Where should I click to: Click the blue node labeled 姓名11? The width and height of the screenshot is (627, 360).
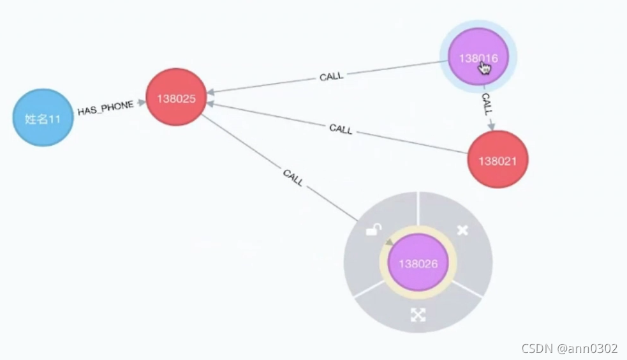point(43,117)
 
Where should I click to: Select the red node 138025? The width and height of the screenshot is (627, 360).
point(176,97)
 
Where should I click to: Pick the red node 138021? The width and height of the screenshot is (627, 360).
point(498,160)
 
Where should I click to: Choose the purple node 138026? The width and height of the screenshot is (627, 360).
point(418,262)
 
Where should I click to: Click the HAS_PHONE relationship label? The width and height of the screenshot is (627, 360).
point(105,109)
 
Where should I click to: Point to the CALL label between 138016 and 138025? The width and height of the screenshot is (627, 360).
point(331,77)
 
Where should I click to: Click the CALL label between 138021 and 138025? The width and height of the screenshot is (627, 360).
point(341,129)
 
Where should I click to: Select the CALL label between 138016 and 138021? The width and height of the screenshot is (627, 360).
point(487,103)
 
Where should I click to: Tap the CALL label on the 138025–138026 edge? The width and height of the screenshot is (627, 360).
point(293,178)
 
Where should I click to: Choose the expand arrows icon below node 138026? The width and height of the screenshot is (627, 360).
point(418,314)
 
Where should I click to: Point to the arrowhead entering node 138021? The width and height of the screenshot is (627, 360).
point(491,126)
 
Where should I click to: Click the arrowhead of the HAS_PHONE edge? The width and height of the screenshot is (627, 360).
point(141,102)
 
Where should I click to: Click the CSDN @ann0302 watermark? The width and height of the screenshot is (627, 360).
point(569,349)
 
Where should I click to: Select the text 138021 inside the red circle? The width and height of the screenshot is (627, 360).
point(498,161)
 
